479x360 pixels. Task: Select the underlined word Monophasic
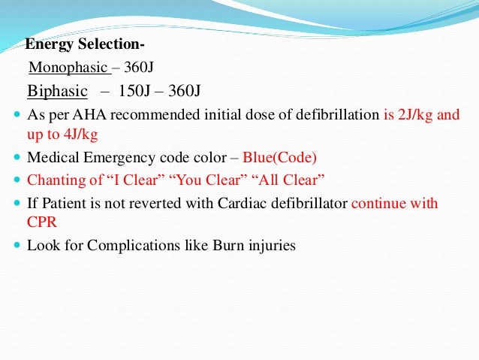pyautogui.click(x=68, y=68)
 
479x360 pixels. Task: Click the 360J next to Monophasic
pyautogui.click(x=139, y=68)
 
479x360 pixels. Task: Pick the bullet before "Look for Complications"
pyautogui.click(x=16, y=246)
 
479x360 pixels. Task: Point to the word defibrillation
pyautogui.click(x=341, y=116)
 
